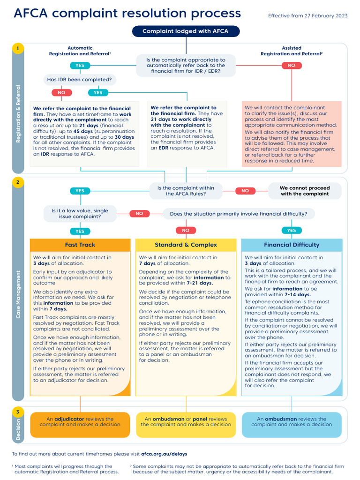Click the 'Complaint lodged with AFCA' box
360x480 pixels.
[x=186, y=31]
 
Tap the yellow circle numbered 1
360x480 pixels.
[x=18, y=48]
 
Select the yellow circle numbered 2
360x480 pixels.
[x=18, y=182]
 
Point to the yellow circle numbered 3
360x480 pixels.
[x=18, y=412]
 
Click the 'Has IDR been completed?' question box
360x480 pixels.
[x=80, y=80]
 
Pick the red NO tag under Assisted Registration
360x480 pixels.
[x=291, y=66]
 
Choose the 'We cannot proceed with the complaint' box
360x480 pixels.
[x=305, y=191]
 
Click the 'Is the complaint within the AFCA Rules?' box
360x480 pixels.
[x=186, y=191]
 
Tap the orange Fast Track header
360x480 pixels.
[x=80, y=245]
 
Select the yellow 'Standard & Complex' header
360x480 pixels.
[x=186, y=245]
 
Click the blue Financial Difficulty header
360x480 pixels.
[x=292, y=245]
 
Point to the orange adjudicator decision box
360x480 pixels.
[x=80, y=422]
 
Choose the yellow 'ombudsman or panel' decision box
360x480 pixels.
[x=186, y=422]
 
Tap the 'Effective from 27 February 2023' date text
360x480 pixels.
[x=307, y=16]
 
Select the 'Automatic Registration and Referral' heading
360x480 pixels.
[x=80, y=51]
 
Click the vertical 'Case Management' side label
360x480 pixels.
[x=18, y=295]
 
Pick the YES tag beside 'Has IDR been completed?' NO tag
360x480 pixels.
[x=97, y=93]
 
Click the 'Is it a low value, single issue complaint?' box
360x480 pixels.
[x=80, y=214]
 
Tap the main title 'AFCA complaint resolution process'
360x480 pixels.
[x=127, y=13]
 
